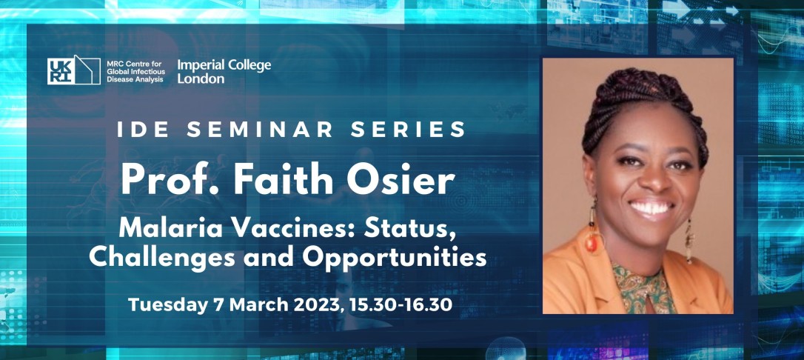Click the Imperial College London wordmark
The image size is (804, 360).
224,71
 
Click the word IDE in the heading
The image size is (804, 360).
141,130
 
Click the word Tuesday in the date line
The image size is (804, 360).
164,304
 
